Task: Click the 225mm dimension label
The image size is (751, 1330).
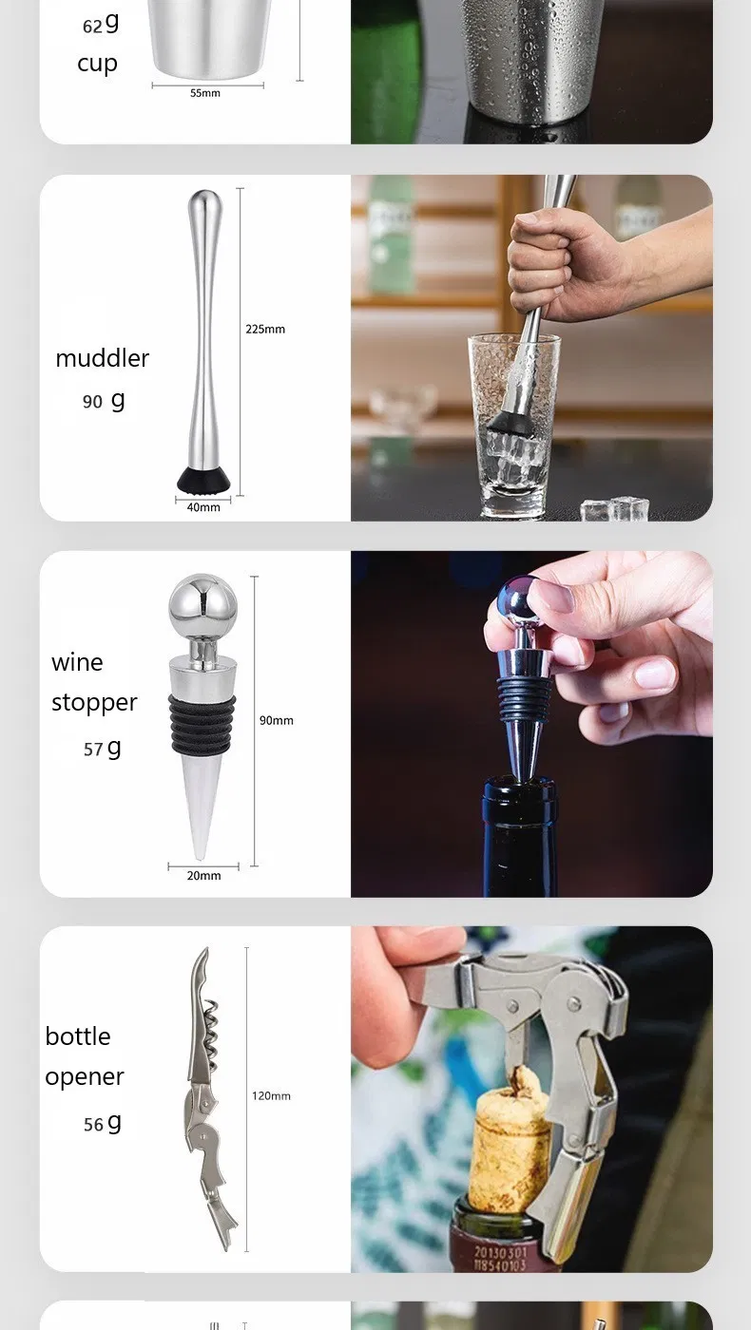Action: [x=265, y=330]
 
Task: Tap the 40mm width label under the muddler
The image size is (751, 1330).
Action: [x=203, y=507]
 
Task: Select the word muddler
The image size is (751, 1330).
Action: [x=103, y=358]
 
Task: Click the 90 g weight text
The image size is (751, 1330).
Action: [x=104, y=401]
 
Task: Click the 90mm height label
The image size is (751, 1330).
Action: [x=277, y=720]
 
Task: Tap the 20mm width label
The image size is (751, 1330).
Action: [x=203, y=876]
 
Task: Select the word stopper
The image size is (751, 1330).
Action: [x=94, y=703]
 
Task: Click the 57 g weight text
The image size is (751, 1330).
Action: [x=103, y=749]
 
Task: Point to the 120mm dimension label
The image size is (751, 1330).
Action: [x=271, y=1096]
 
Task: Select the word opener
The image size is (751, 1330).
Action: [x=85, y=1077]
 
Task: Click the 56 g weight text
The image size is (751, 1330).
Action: [x=103, y=1124]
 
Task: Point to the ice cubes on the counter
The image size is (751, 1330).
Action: [x=615, y=509]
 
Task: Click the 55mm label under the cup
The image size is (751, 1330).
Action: [x=204, y=93]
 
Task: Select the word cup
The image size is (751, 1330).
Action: [x=97, y=64]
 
